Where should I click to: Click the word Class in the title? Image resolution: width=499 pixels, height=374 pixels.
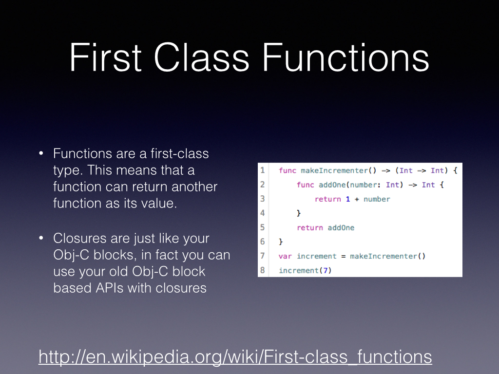tap(201, 57)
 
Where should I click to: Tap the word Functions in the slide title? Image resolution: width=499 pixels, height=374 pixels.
tap(345, 57)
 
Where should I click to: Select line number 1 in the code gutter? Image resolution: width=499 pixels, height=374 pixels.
tap(263, 170)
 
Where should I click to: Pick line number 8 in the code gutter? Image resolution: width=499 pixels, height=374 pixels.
tap(263, 270)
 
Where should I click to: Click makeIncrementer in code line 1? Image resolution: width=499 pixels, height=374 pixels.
tap(334, 170)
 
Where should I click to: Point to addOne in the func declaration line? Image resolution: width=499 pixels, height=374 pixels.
tap(332, 185)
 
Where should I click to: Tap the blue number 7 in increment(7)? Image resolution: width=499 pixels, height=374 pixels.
tap(325, 270)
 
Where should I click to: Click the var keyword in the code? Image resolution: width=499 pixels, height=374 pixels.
tap(285, 256)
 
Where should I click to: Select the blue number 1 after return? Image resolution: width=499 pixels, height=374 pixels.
tap(348, 199)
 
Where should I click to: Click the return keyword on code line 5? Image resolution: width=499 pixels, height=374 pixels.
tap(309, 228)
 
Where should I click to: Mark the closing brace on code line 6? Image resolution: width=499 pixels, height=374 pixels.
tap(281, 242)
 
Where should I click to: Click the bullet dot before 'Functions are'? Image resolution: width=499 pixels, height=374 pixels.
tap(41, 153)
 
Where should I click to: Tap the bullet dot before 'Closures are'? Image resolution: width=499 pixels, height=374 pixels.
tap(41, 238)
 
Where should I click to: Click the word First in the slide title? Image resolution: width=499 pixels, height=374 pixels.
tap(105, 57)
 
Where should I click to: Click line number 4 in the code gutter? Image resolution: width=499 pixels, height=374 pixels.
tap(263, 213)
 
